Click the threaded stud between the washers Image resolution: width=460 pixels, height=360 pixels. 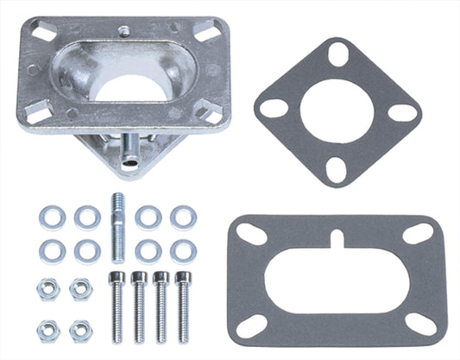(118, 229)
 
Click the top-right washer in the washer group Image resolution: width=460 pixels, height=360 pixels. (182, 217)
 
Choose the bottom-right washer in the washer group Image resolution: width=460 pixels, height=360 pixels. (182, 250)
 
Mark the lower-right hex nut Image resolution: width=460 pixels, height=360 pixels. (81, 330)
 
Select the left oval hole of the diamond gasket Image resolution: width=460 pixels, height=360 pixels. (274, 109)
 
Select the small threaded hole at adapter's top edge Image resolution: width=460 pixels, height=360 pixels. (126, 30)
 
